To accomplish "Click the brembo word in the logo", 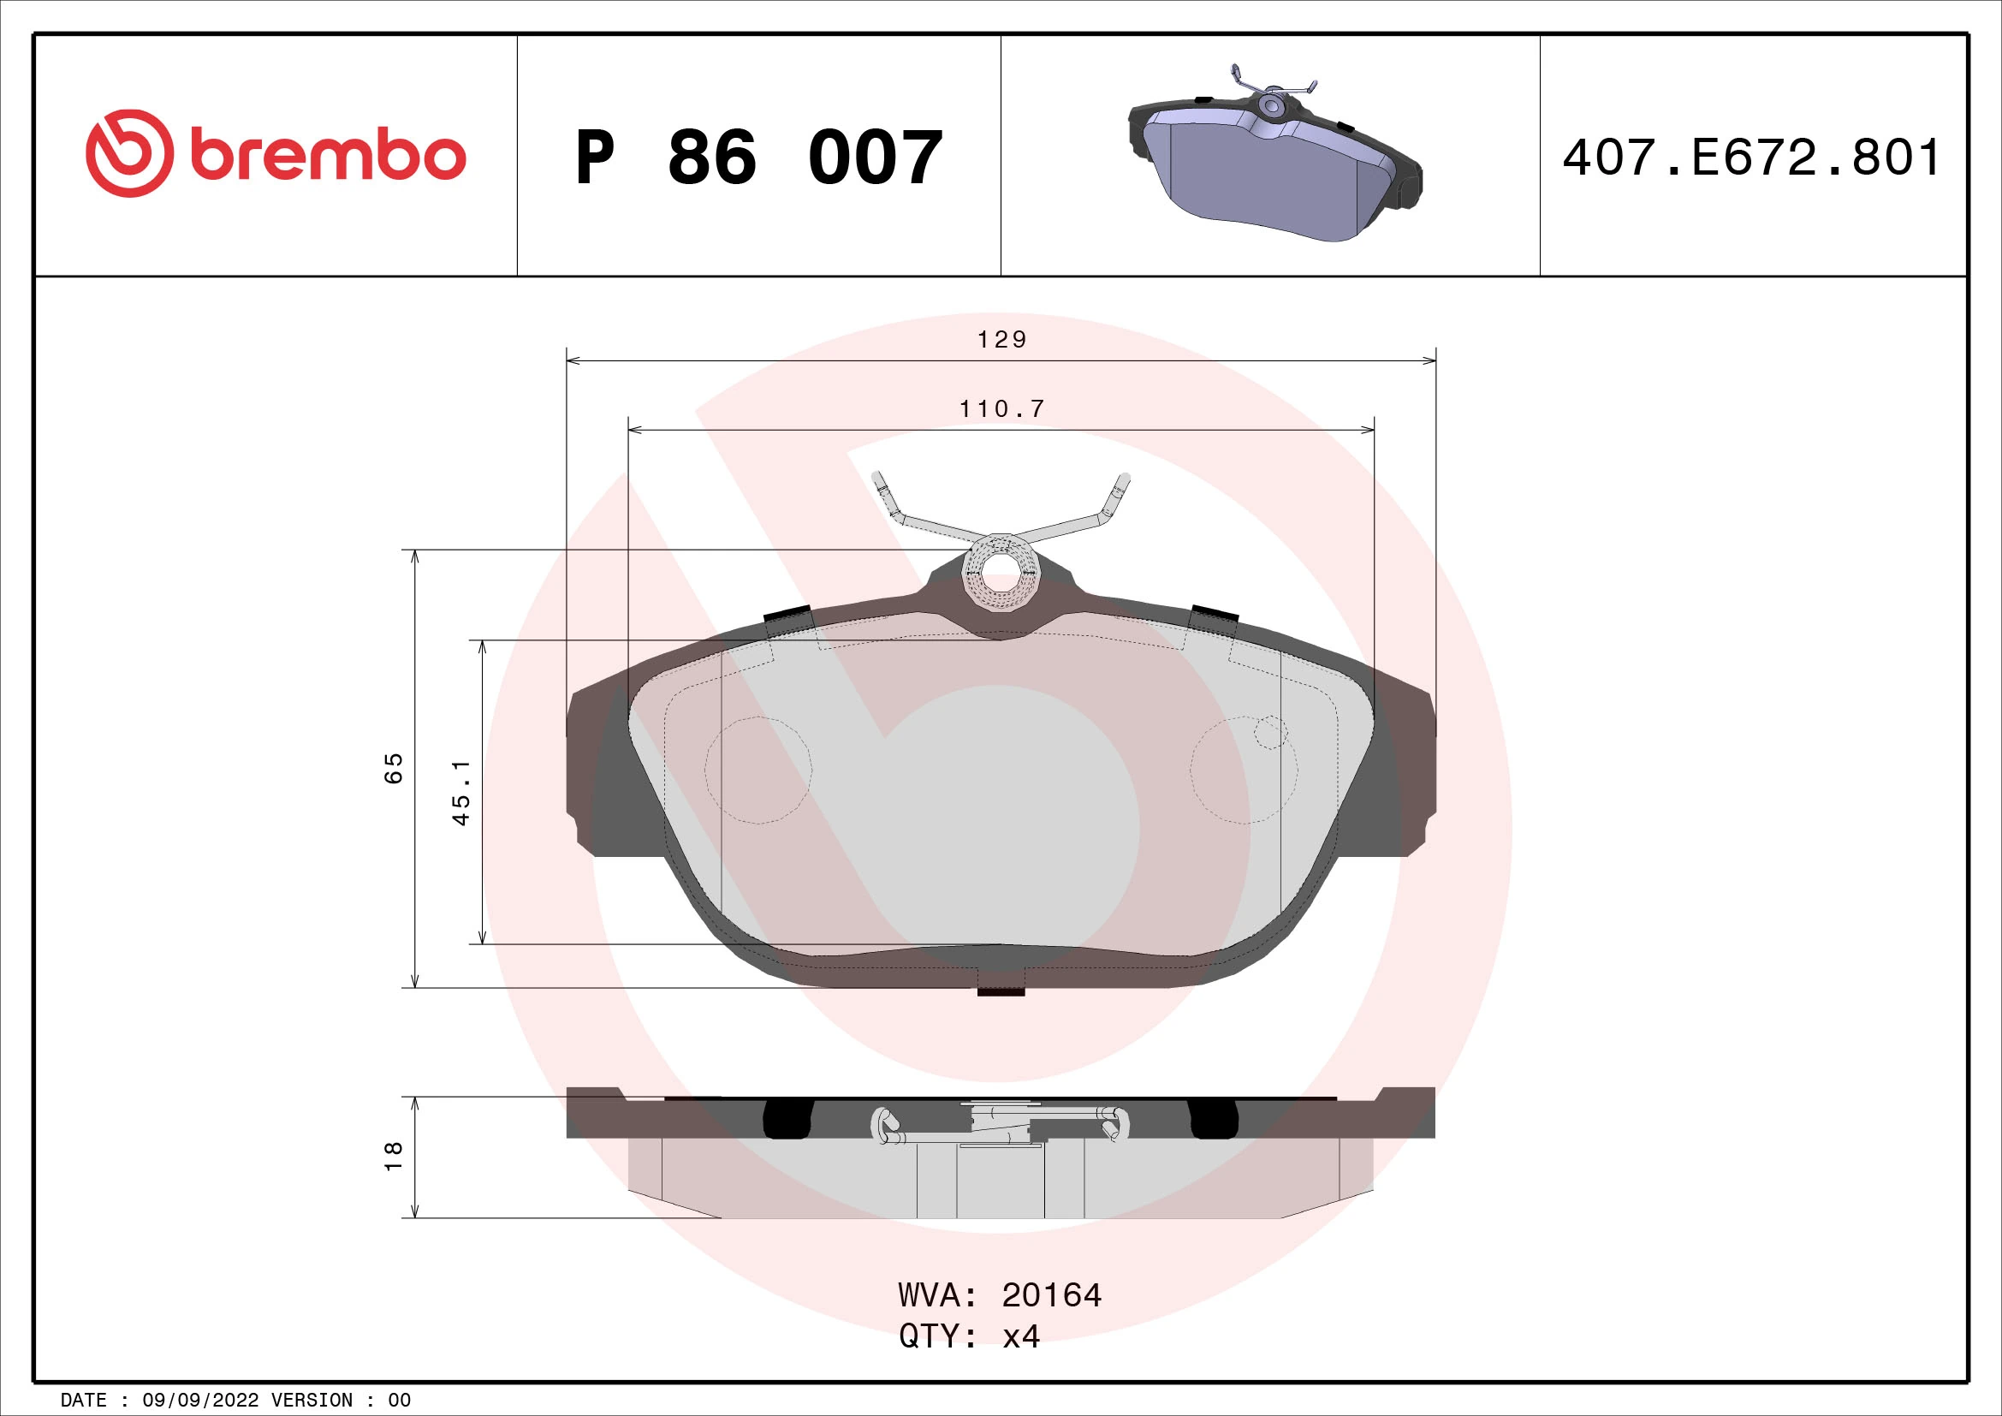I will coord(327,157).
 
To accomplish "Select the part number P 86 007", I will coord(758,158).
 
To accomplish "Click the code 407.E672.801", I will coord(1752,158).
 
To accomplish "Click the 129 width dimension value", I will coord(1002,340).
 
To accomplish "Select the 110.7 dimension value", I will coord(1002,409).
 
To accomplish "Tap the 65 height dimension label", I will coord(394,767).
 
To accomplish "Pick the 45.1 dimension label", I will coord(461,792).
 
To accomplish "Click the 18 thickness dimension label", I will coord(394,1155).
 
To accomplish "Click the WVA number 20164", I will coord(1052,1295).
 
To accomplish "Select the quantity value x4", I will coord(1021,1336).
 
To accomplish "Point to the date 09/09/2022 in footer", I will coord(200,1401).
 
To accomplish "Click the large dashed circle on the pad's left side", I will coord(758,770).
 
